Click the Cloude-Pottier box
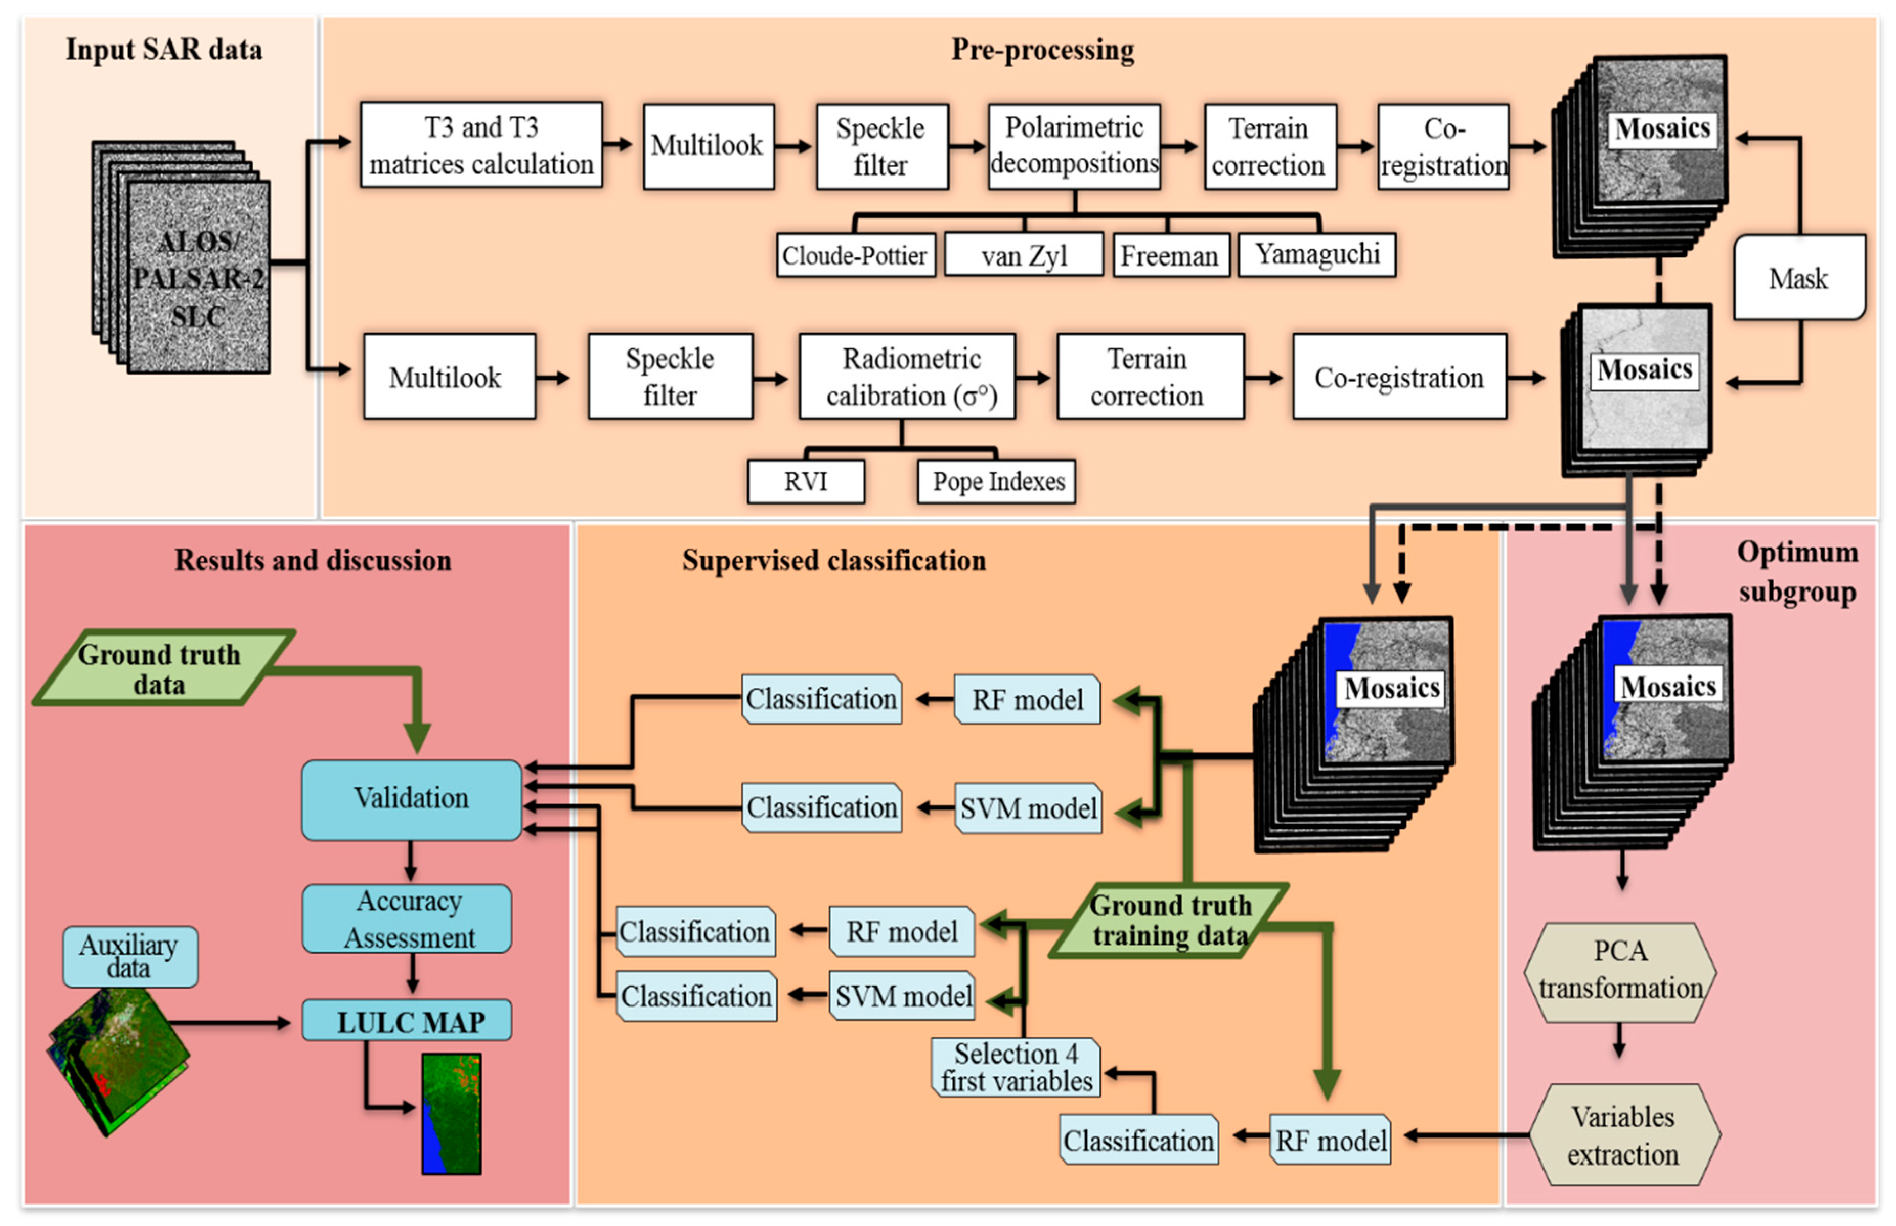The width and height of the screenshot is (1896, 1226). point(855,255)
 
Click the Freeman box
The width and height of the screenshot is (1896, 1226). point(1170,255)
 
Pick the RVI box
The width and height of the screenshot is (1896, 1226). point(806,481)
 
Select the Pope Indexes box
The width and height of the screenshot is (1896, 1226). point(997,481)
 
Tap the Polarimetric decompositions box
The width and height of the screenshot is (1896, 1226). point(1074,146)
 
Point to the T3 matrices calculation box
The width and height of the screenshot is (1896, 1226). point(481,145)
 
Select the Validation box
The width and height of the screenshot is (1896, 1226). point(411,799)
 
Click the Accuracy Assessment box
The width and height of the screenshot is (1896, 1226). point(407,918)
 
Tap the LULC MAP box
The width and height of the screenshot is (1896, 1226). point(407,1021)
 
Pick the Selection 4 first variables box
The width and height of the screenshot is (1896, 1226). point(1016,1067)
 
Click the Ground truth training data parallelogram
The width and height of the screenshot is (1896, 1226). point(1169,919)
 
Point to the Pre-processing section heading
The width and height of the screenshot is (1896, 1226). point(1042,49)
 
